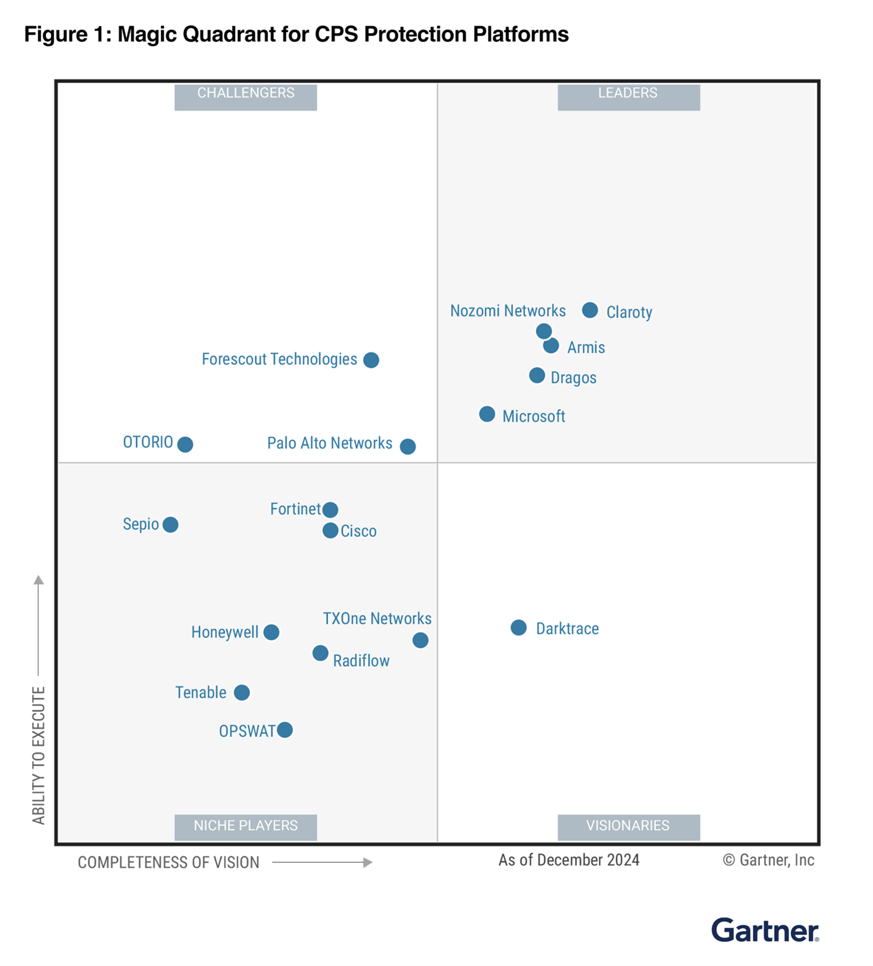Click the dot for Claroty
(590, 310)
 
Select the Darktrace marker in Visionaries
(518, 628)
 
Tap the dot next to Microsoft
(487, 414)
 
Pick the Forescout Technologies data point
(371, 360)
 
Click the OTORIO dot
(185, 444)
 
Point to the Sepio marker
(171, 524)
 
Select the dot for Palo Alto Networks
(408, 446)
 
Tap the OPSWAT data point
(285, 730)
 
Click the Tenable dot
(242, 692)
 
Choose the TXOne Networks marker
(420, 640)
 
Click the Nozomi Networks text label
(507, 311)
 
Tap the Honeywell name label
(225, 632)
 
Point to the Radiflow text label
(361, 661)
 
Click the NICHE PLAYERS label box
(245, 827)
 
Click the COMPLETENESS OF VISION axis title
(168, 862)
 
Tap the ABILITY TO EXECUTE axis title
(39, 755)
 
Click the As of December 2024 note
(568, 860)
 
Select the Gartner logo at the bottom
(765, 930)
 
